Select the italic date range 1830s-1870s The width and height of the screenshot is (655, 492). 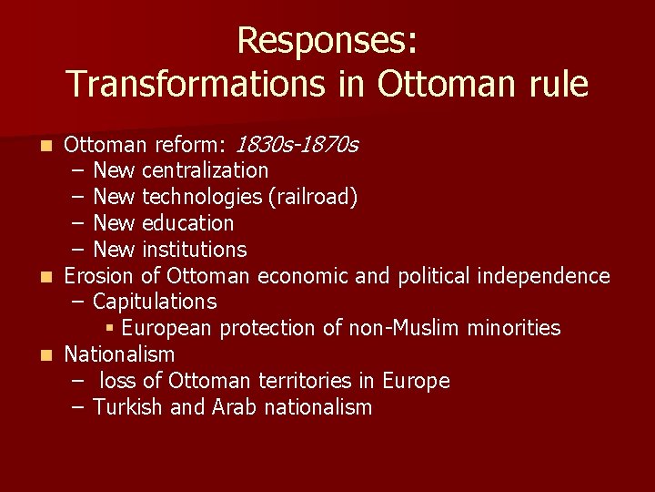(297, 144)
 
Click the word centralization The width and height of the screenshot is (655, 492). (206, 170)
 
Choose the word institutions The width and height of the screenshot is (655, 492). (195, 249)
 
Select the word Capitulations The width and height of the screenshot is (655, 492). (155, 302)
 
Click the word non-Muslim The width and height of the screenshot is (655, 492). (405, 328)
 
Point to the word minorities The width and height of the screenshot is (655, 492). (514, 328)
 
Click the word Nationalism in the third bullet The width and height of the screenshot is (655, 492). (119, 354)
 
